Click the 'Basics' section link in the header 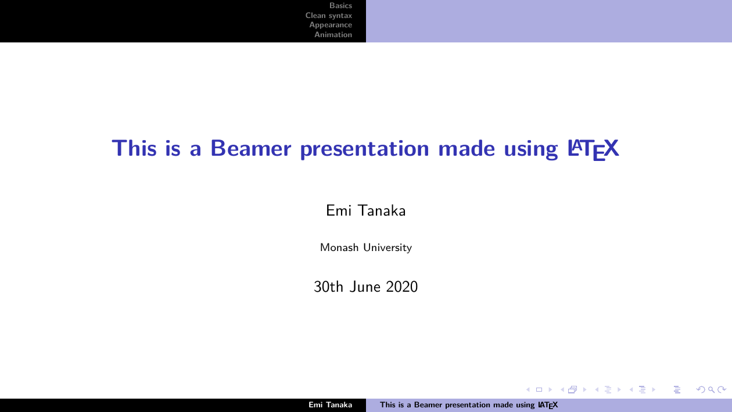click(340, 6)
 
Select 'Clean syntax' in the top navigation click(328, 15)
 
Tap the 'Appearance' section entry click(331, 25)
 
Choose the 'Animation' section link click(333, 34)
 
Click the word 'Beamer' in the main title click(250, 148)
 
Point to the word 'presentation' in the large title click(364, 149)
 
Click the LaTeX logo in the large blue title click(593, 149)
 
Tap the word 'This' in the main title click(134, 148)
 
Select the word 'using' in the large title click(531, 150)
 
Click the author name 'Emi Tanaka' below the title click(365, 210)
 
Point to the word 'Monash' click(339, 248)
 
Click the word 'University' click(387, 248)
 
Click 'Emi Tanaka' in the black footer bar click(330, 405)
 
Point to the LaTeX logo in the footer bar click(548, 405)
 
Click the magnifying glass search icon click(711, 389)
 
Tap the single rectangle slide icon click(539, 389)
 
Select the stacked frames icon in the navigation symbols click(573, 389)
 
